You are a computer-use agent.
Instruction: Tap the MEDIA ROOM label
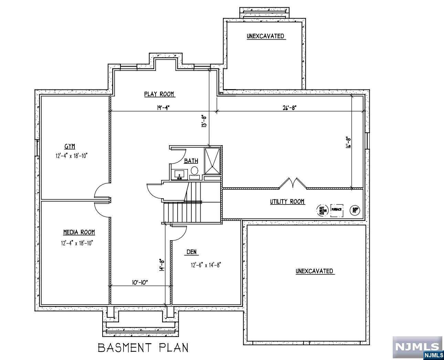pos(79,232)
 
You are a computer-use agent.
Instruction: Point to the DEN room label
pos(192,252)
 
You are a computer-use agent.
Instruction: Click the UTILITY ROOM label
pos(287,202)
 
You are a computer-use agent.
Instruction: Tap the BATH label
pos(191,161)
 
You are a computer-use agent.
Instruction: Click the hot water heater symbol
pos(322,210)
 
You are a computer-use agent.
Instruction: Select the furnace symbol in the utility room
pos(337,210)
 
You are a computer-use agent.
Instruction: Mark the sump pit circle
pos(355,210)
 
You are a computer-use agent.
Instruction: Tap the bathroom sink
pos(179,174)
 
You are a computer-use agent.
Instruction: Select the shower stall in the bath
pos(212,161)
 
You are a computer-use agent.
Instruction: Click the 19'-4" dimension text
pos(163,108)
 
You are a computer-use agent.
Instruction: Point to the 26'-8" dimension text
pos(289,108)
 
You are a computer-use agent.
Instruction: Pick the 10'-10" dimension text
pos(140,283)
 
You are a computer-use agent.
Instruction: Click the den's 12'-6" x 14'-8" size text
pos(205,265)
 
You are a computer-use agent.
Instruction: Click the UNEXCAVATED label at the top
pos(265,36)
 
